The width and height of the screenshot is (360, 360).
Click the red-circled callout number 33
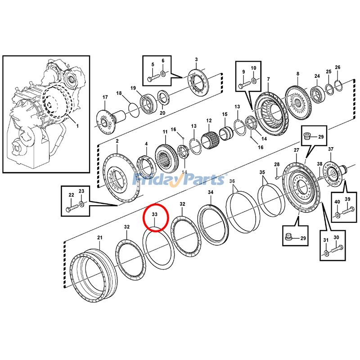[x=155, y=216]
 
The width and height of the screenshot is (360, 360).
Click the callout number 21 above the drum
[x=100, y=237]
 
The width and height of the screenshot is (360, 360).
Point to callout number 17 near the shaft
[x=105, y=98]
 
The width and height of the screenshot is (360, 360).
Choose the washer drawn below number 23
[x=81, y=205]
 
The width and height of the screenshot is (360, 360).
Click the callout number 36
[x=232, y=181]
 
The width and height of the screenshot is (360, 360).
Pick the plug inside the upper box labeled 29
[x=308, y=135]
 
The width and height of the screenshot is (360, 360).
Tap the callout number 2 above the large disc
[x=117, y=141]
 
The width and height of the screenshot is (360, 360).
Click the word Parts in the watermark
[x=201, y=180]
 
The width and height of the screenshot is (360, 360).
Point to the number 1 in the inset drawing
[x=77, y=126]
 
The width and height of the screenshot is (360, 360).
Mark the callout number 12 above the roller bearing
[x=209, y=121]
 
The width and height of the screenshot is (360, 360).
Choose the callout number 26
[x=337, y=67]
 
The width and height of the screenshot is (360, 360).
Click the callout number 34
[x=211, y=193]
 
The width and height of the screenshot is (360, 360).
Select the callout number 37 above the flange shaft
[x=331, y=149]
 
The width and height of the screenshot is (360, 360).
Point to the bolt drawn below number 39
[x=347, y=209]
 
